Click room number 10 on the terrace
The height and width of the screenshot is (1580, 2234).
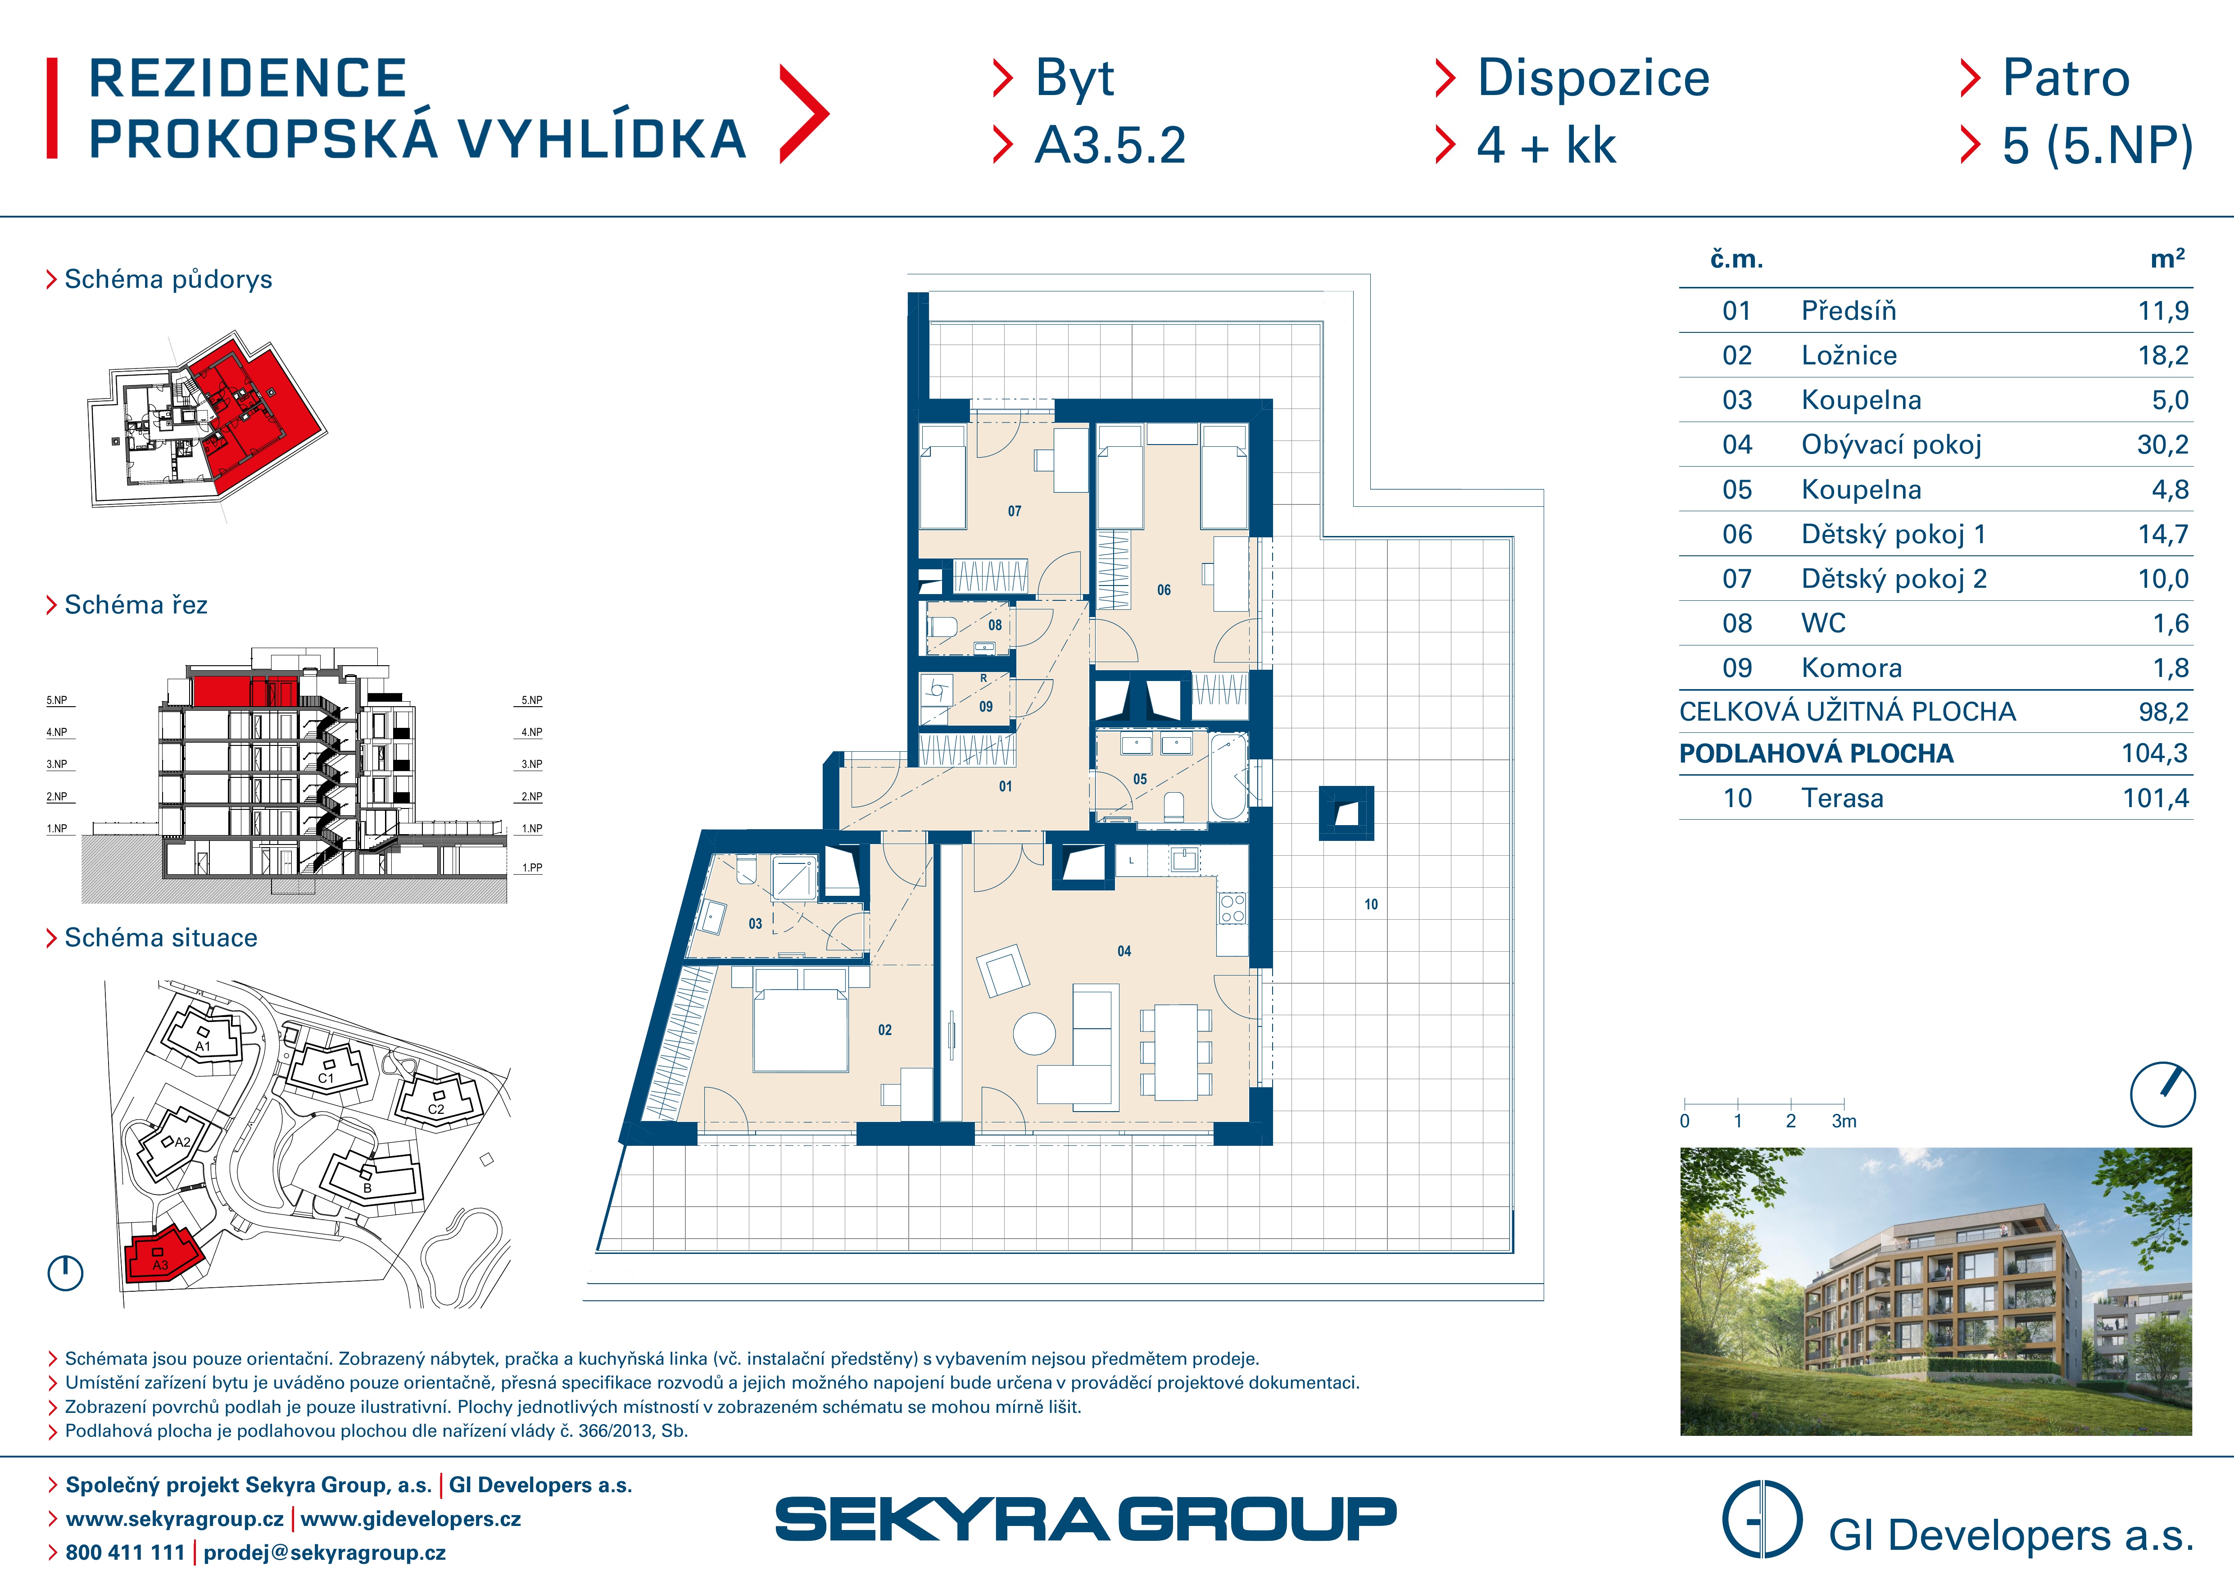1371,905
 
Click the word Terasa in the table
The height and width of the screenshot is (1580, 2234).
1842,799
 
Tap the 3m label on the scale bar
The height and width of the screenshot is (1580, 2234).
1844,1122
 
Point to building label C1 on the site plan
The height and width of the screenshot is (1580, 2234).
326,1078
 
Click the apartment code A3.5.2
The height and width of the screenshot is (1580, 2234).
1110,146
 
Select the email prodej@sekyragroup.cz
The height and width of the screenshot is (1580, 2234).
325,1553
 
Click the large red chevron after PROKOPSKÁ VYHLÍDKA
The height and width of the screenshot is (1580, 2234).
804,114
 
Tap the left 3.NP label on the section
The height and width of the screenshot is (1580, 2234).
56,765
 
